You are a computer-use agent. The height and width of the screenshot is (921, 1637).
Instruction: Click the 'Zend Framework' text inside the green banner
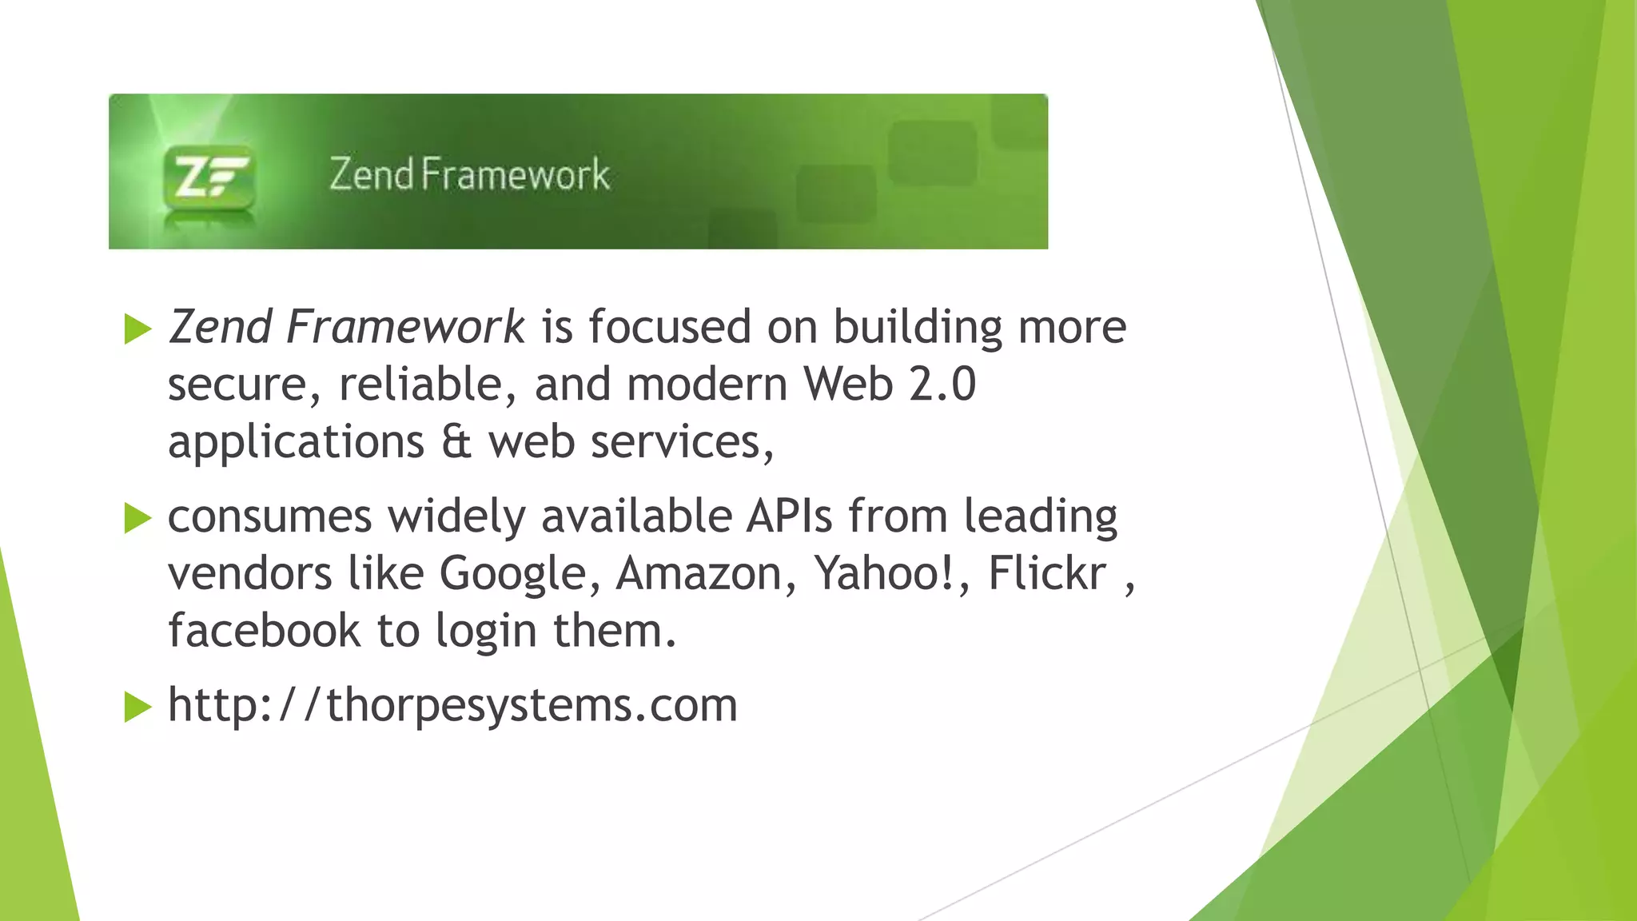(x=469, y=174)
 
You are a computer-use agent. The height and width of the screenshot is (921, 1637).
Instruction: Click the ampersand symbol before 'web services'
(x=456, y=441)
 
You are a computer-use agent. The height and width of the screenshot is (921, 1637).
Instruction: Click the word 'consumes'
(x=269, y=516)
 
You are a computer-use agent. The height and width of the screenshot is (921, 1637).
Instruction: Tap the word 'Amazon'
(x=699, y=574)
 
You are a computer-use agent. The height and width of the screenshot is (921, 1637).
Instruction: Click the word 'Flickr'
(x=1047, y=573)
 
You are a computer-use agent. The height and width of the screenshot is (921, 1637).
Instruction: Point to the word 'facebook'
(x=264, y=631)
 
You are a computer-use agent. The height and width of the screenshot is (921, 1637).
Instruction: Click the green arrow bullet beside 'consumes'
(x=138, y=519)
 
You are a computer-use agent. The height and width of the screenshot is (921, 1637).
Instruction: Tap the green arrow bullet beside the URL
(x=138, y=708)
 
